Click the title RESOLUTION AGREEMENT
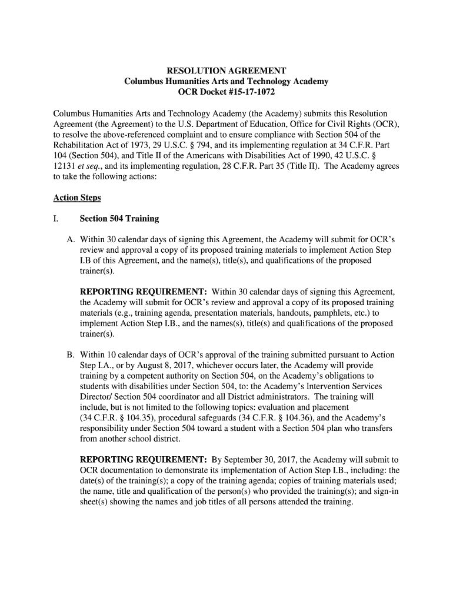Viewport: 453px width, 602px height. point(226,71)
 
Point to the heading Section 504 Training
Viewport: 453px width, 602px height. point(119,219)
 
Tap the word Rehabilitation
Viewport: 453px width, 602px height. point(77,145)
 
